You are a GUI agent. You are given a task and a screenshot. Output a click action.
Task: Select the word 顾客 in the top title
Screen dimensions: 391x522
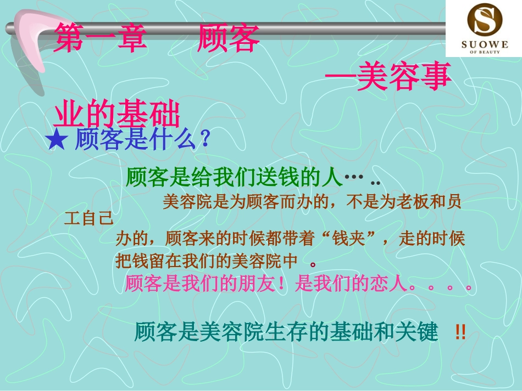coord(227,40)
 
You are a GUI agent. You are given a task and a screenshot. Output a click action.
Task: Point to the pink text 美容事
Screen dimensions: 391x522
coord(404,78)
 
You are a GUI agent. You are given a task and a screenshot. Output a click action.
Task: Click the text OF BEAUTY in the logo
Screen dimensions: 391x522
coord(483,52)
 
